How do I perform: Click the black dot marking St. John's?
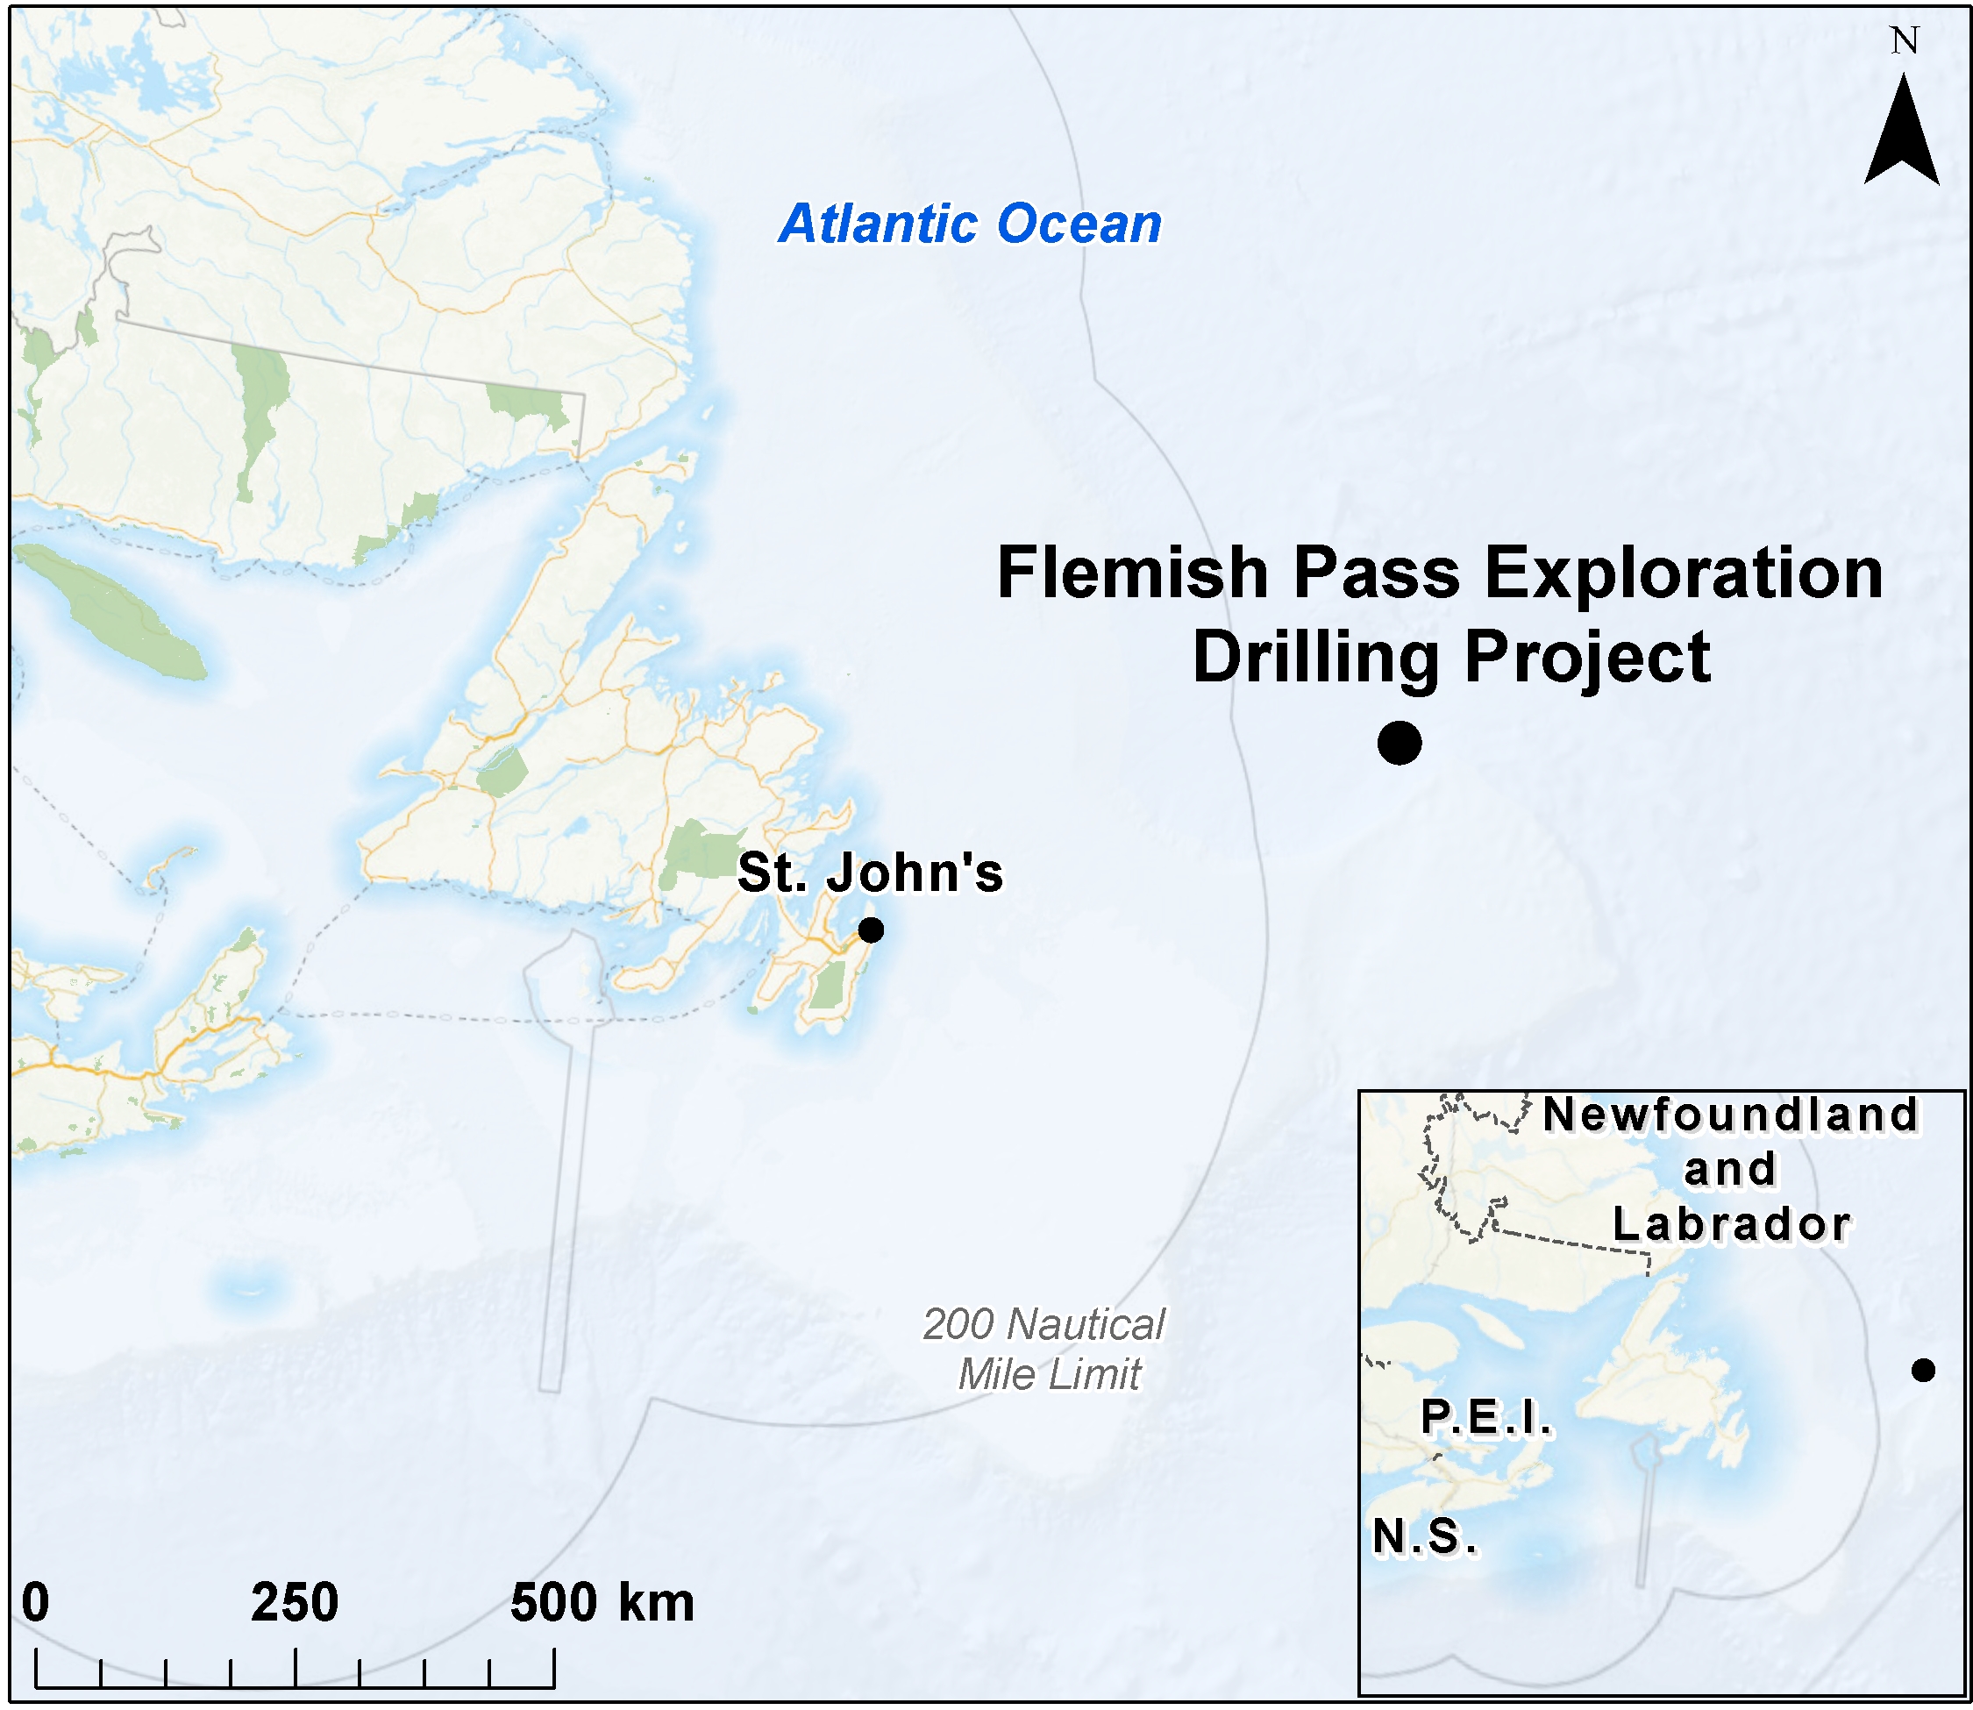click(870, 930)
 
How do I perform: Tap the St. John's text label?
click(870, 873)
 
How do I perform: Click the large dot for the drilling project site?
click(1400, 743)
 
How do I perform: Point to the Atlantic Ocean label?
click(971, 224)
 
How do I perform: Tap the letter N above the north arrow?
click(1905, 41)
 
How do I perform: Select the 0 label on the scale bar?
click(35, 1601)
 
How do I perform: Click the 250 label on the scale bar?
click(295, 1601)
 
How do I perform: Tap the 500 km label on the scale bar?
click(601, 1601)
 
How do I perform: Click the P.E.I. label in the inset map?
click(1486, 1417)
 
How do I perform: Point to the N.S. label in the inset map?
click(1425, 1536)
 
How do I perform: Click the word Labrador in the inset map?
click(1732, 1224)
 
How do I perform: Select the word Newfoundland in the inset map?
click(1731, 1115)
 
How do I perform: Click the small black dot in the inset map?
click(1923, 1371)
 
